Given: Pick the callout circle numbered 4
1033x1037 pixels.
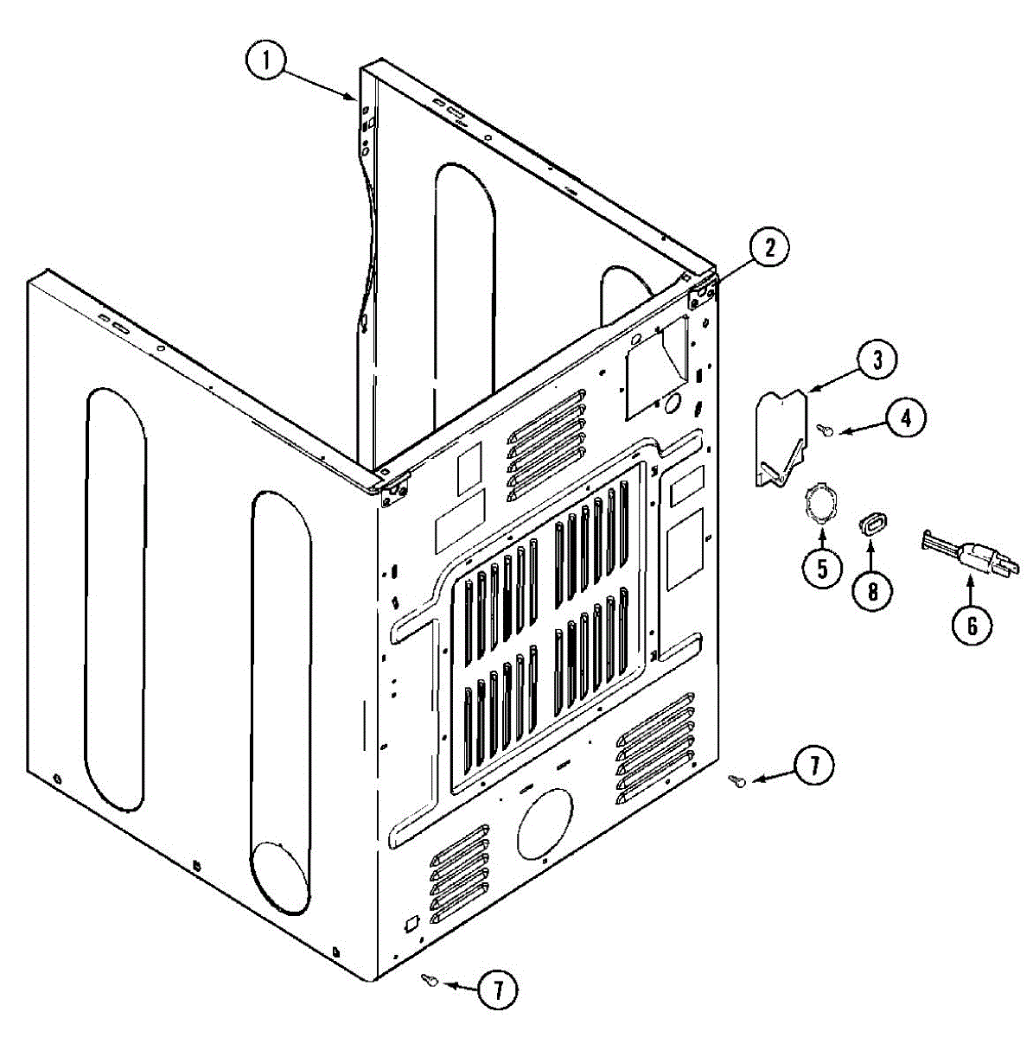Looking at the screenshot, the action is click(904, 419).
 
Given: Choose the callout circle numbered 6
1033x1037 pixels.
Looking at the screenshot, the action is click(971, 625).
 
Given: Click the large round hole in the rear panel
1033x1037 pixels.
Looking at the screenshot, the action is click(544, 824).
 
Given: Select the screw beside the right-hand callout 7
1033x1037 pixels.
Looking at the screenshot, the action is click(737, 781).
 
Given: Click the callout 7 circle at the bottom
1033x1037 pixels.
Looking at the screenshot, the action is click(497, 989).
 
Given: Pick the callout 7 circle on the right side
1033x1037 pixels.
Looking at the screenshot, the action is click(813, 767).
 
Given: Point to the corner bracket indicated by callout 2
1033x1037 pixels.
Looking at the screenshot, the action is click(701, 293).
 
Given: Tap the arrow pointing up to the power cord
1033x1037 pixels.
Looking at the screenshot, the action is click(970, 590).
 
